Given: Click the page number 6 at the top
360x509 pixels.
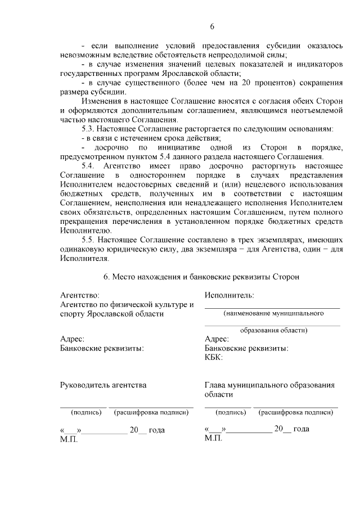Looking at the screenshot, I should pyautogui.click(x=213, y=26).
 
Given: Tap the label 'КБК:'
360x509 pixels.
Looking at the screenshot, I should pyautogui.click(x=214, y=357).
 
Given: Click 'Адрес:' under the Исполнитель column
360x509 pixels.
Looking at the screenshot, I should pyautogui.click(x=217, y=339).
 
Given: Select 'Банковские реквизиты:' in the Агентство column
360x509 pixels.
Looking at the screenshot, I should pyautogui.click(x=101, y=348).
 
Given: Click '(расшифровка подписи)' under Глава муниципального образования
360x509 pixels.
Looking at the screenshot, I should pyautogui.click(x=295, y=412).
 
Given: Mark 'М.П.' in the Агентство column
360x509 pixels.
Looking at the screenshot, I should pyautogui.click(x=69, y=438).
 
